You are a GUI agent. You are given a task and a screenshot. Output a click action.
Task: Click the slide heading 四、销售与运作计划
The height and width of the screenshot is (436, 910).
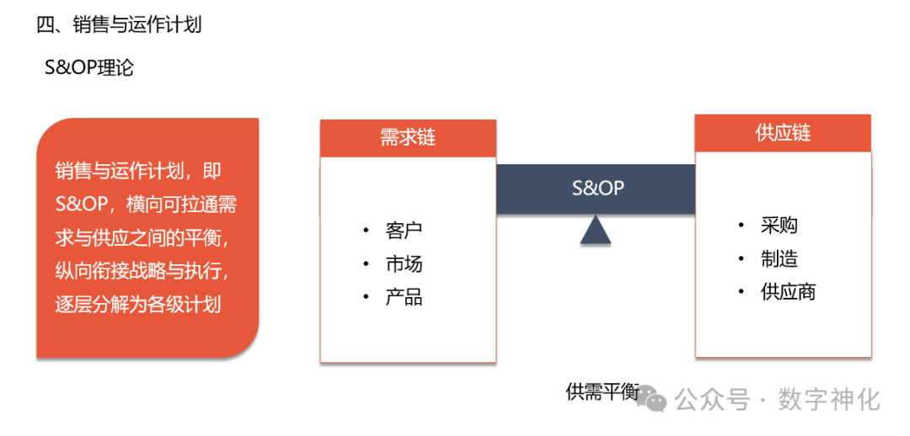119,24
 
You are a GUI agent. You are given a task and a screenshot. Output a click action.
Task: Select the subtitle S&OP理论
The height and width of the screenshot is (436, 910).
89,67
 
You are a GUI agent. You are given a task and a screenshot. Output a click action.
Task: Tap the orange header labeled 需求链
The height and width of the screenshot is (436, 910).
408,138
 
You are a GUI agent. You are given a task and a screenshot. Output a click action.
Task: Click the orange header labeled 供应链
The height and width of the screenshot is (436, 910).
783,133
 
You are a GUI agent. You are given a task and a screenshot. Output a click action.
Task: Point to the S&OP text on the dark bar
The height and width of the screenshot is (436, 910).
597,188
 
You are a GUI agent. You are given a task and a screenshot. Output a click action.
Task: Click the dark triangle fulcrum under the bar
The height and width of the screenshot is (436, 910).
596,230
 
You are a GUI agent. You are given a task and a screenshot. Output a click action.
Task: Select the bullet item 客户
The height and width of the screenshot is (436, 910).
404,231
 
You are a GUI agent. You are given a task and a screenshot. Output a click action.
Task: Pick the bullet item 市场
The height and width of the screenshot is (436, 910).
404,264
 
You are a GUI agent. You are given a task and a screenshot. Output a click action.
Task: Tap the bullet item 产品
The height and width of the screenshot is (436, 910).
404,298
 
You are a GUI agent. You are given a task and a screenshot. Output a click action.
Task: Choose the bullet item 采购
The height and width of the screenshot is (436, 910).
779,226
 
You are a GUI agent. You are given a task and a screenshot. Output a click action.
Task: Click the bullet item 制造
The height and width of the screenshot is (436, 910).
779,259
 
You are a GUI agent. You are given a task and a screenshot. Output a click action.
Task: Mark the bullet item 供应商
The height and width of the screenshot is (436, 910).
788,292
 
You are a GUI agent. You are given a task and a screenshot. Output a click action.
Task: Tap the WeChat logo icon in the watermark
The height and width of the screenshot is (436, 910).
650,396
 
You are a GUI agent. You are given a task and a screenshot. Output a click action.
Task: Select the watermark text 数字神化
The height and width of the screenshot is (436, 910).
829,398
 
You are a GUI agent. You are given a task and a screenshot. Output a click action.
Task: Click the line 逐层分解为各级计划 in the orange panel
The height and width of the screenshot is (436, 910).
138,304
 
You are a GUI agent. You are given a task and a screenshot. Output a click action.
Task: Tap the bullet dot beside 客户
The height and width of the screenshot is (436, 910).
366,231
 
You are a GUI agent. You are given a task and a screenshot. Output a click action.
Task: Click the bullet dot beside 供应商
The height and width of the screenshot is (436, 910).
741,292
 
